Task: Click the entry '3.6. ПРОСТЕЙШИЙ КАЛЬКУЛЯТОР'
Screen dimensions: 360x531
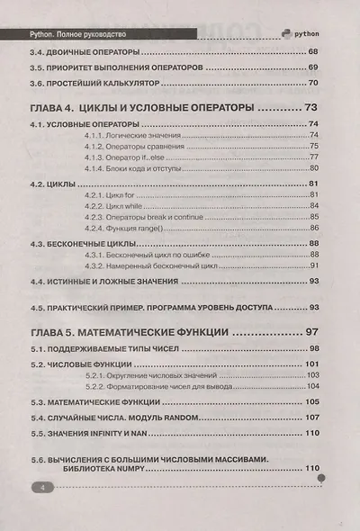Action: tap(94, 82)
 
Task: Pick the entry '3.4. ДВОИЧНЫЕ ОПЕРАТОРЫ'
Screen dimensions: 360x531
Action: tap(84, 51)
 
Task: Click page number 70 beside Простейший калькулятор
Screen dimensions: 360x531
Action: tap(315, 82)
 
